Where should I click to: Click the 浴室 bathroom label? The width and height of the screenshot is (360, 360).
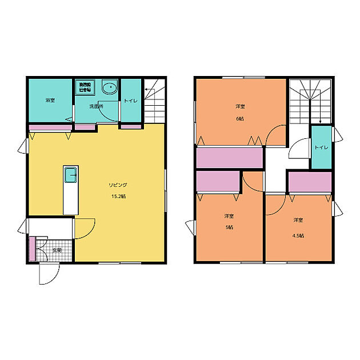[50, 101]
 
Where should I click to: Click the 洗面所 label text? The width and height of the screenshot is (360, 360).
[95, 106]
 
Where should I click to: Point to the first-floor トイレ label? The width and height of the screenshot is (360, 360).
[130, 101]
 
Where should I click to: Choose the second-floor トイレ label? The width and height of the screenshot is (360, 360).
[321, 147]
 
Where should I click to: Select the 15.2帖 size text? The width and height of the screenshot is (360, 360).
[118, 197]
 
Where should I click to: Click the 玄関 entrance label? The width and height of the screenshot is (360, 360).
[57, 250]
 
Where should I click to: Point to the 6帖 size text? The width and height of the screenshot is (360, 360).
[240, 119]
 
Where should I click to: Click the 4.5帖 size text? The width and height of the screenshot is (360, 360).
[298, 235]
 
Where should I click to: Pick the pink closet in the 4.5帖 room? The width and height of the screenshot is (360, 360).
[309, 182]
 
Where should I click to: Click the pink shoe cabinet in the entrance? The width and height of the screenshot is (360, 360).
[32, 249]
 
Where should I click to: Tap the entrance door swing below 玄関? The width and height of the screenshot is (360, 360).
[47, 273]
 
